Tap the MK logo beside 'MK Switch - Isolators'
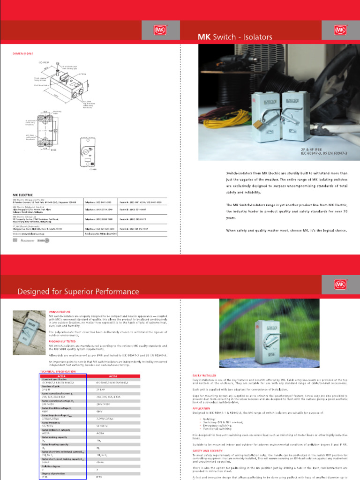(341, 30)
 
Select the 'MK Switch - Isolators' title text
(234, 37)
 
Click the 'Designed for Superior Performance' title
(78, 292)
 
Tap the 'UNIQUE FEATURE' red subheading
(60, 311)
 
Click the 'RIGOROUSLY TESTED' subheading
(62, 341)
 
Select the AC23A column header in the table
(113, 376)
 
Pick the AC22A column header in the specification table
(61, 376)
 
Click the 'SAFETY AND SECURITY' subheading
(207, 450)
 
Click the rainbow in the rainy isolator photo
(244, 309)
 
